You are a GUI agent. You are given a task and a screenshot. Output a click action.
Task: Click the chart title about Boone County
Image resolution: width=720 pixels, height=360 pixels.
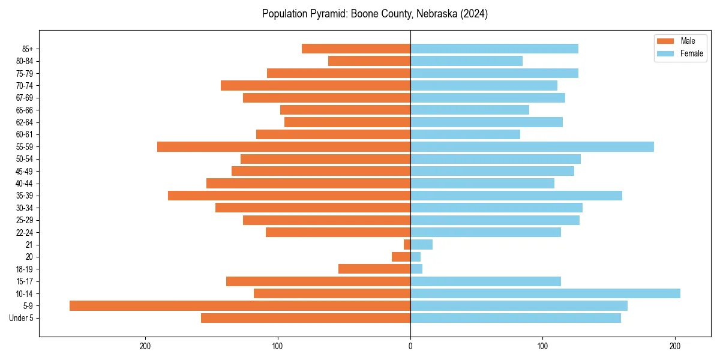click(x=374, y=14)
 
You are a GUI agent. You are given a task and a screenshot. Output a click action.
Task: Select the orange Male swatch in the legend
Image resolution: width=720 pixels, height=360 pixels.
click(x=666, y=41)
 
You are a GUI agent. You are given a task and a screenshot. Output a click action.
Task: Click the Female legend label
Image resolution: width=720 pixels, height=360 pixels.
click(x=691, y=53)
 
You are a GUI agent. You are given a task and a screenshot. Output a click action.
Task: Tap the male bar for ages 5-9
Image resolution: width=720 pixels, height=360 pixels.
click(x=240, y=306)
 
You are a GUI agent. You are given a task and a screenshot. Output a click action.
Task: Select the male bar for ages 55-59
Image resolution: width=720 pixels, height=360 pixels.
click(x=284, y=147)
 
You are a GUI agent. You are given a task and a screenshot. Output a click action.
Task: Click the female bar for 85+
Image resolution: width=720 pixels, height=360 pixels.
click(x=494, y=49)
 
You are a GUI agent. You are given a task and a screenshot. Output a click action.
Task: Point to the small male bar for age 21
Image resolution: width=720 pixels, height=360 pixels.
click(x=407, y=245)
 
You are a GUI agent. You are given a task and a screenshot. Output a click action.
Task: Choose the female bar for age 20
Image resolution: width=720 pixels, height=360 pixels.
click(x=415, y=257)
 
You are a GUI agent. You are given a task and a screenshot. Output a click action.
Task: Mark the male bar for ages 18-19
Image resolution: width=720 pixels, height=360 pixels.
click(x=374, y=269)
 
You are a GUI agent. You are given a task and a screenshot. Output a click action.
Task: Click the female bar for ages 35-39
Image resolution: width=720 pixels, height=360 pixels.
click(x=516, y=196)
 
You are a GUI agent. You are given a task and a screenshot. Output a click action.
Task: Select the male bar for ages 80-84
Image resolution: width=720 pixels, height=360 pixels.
click(x=369, y=61)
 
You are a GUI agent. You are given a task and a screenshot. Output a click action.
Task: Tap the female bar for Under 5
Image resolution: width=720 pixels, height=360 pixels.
click(x=515, y=318)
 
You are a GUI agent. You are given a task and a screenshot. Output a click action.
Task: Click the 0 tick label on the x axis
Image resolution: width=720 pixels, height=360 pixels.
click(x=410, y=346)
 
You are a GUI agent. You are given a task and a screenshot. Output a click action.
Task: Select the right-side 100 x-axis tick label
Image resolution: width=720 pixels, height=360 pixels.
click(x=543, y=346)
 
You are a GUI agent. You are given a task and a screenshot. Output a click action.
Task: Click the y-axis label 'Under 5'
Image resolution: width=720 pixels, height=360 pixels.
click(x=22, y=318)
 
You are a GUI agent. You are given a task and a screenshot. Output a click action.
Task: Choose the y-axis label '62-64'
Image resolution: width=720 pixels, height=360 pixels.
click(x=24, y=122)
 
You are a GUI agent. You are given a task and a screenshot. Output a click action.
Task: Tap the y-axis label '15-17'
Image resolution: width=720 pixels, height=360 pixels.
click(x=24, y=281)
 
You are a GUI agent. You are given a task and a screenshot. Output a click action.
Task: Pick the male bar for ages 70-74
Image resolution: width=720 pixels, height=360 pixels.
click(x=316, y=85)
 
